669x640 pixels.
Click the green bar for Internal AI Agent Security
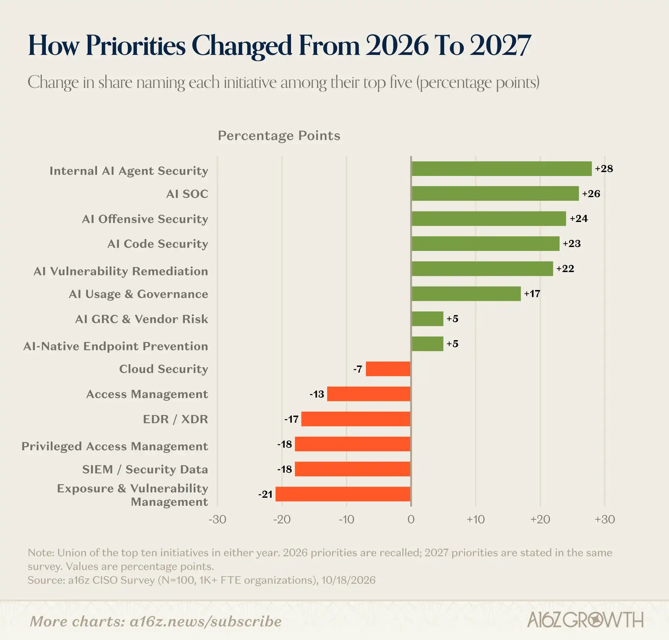[501, 168]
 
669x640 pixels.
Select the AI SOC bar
[495, 193]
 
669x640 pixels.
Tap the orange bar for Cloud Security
[388, 369]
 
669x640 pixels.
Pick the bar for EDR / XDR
[356, 419]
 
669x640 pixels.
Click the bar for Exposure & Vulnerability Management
[343, 494]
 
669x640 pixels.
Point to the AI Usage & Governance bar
[466, 294]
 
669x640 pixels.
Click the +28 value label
[604, 168]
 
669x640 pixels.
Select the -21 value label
[265, 494]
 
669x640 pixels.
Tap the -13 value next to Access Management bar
[317, 394]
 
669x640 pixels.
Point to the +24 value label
[579, 218]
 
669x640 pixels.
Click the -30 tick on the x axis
[217, 519]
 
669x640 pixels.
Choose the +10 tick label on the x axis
[476, 519]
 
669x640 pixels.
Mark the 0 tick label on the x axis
[411, 519]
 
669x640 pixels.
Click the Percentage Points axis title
[279, 136]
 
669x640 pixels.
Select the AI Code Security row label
[158, 244]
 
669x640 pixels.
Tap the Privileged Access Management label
[115, 446]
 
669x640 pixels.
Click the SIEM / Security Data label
[145, 469]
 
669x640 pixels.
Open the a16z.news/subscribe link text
[206, 621]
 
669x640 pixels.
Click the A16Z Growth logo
[585, 619]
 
